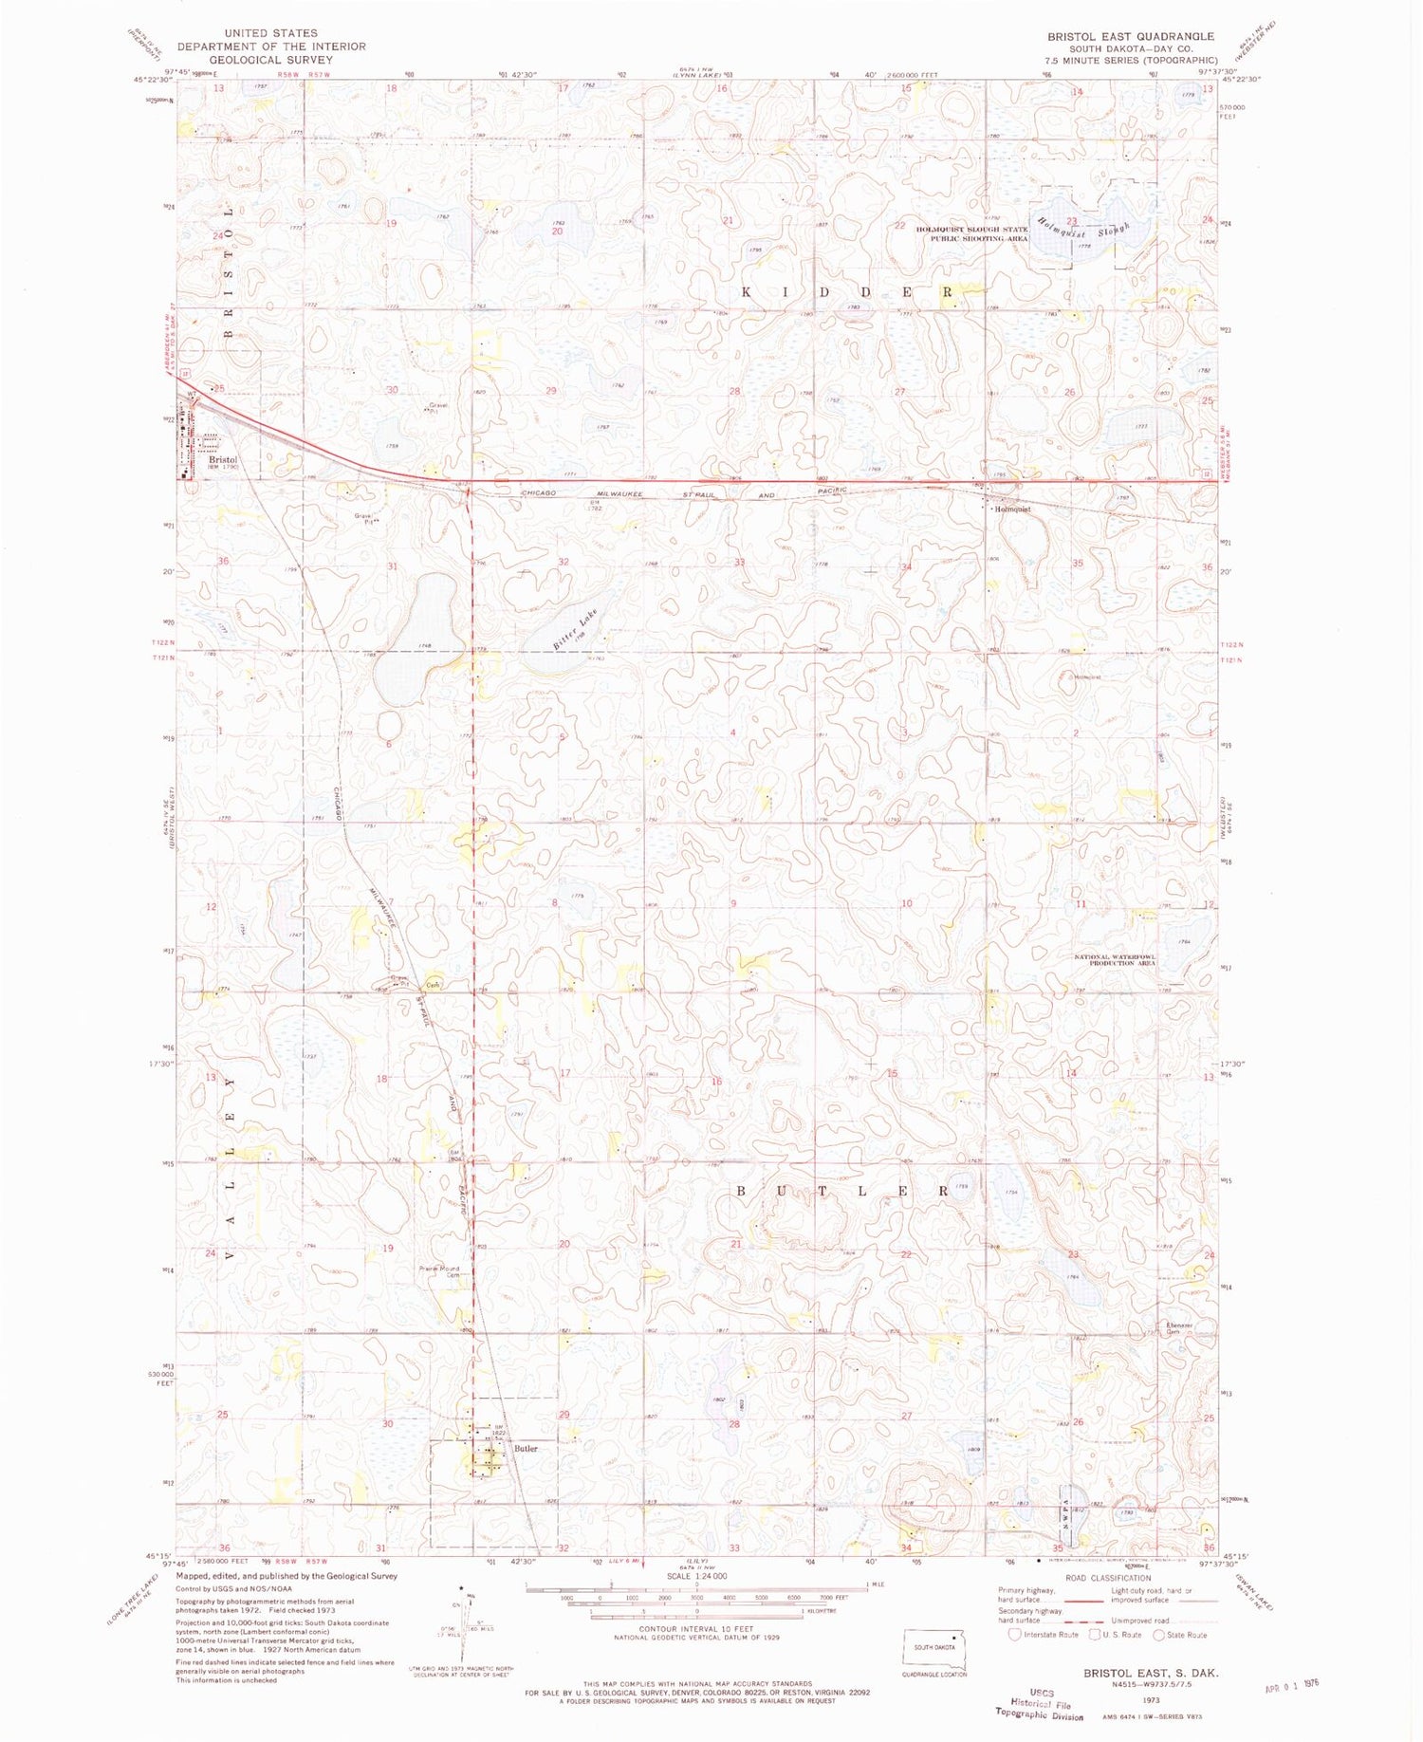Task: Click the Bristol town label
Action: (x=223, y=460)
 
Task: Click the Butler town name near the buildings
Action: (x=526, y=1449)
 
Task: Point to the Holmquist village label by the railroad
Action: (x=1012, y=510)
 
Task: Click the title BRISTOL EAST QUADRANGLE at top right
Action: (x=1130, y=36)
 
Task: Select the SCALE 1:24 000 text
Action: (x=696, y=1576)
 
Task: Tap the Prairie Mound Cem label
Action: (x=439, y=1271)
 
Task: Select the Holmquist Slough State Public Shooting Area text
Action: (x=971, y=234)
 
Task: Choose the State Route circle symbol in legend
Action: (x=1158, y=1635)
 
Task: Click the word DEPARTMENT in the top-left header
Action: (x=225, y=46)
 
